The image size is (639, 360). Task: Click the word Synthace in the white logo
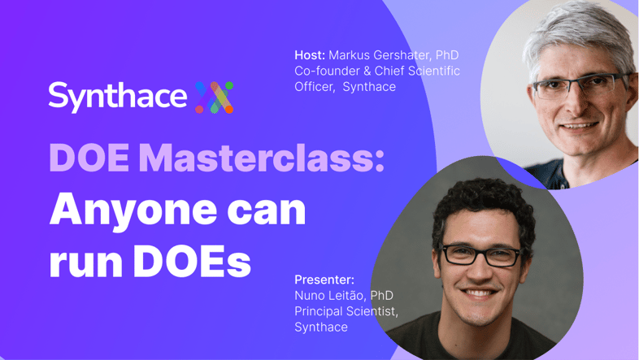[x=118, y=97]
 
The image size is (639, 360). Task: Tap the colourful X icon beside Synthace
[x=214, y=98]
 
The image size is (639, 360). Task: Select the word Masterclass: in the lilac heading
[x=261, y=158]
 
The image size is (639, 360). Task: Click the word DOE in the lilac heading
[x=89, y=158]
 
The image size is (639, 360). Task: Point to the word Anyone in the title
[x=133, y=211]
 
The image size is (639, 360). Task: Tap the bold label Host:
[x=310, y=55]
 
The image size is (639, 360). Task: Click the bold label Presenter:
[x=324, y=280]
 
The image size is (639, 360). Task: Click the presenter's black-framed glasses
[x=482, y=254]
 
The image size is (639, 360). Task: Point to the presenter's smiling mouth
[x=480, y=293]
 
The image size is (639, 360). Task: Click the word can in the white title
[x=266, y=211]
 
